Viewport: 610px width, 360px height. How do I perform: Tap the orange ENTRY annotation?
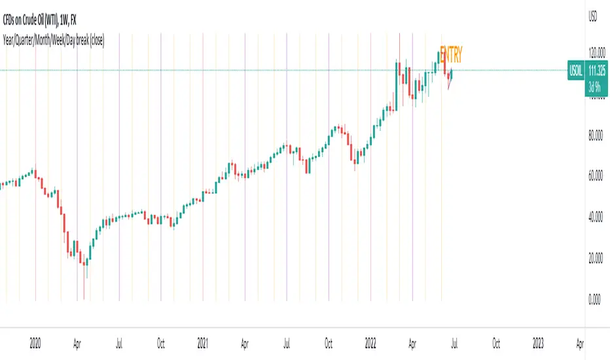[452, 55]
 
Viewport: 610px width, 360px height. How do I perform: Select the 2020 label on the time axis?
[35, 342]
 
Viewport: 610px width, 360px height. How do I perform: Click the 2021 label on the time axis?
[203, 342]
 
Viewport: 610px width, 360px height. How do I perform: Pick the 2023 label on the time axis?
[538, 342]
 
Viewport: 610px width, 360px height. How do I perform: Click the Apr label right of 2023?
[580, 342]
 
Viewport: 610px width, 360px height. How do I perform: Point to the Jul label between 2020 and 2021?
[120, 342]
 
